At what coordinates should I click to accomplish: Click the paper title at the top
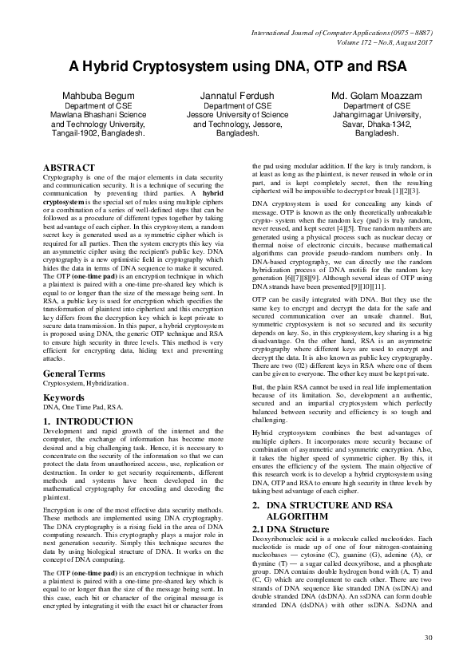(x=237, y=65)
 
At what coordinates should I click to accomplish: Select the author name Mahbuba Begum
(x=94, y=96)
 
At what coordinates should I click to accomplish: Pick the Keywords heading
(x=64, y=397)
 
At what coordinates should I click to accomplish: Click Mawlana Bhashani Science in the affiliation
(x=94, y=115)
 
